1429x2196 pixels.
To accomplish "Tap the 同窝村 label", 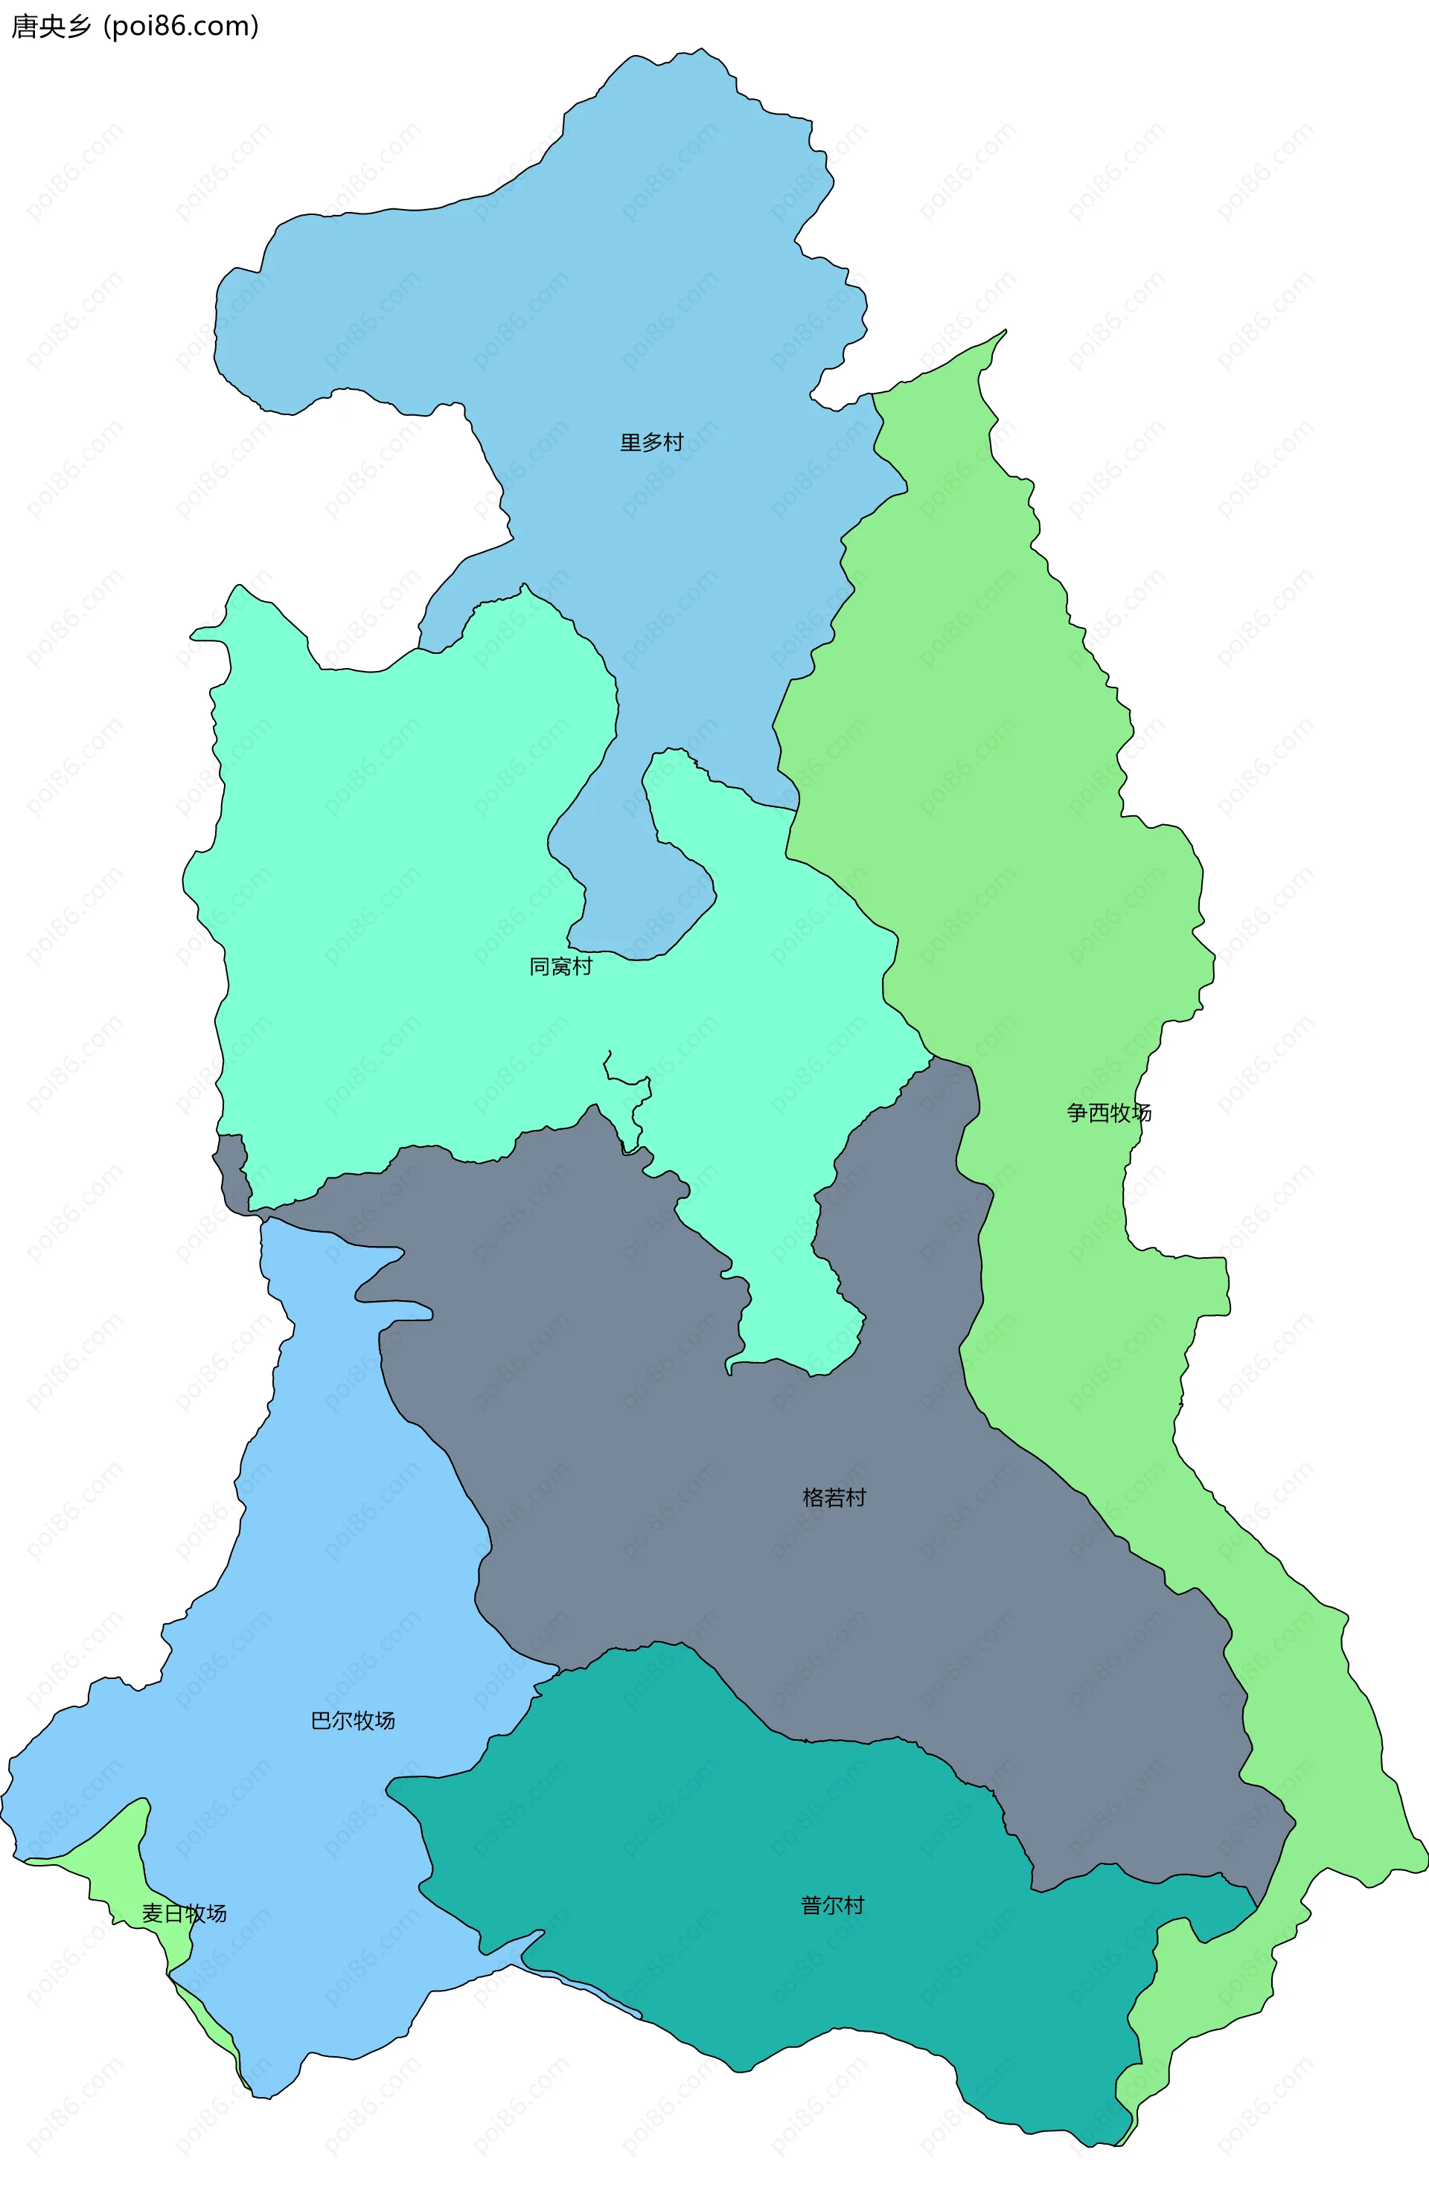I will (x=560, y=966).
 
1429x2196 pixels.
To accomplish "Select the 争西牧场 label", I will (x=1109, y=1113).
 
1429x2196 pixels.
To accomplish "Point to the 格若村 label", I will (x=834, y=1497).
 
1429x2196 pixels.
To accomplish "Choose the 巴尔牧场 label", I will (x=353, y=1721).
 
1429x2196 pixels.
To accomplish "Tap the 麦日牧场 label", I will (x=184, y=1913).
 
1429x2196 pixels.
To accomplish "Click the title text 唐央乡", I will (x=51, y=27).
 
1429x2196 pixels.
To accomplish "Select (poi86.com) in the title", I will (x=181, y=27).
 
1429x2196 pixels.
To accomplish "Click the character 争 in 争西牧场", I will (x=1077, y=1113).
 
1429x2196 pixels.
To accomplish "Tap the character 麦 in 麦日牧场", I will (x=153, y=1913).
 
